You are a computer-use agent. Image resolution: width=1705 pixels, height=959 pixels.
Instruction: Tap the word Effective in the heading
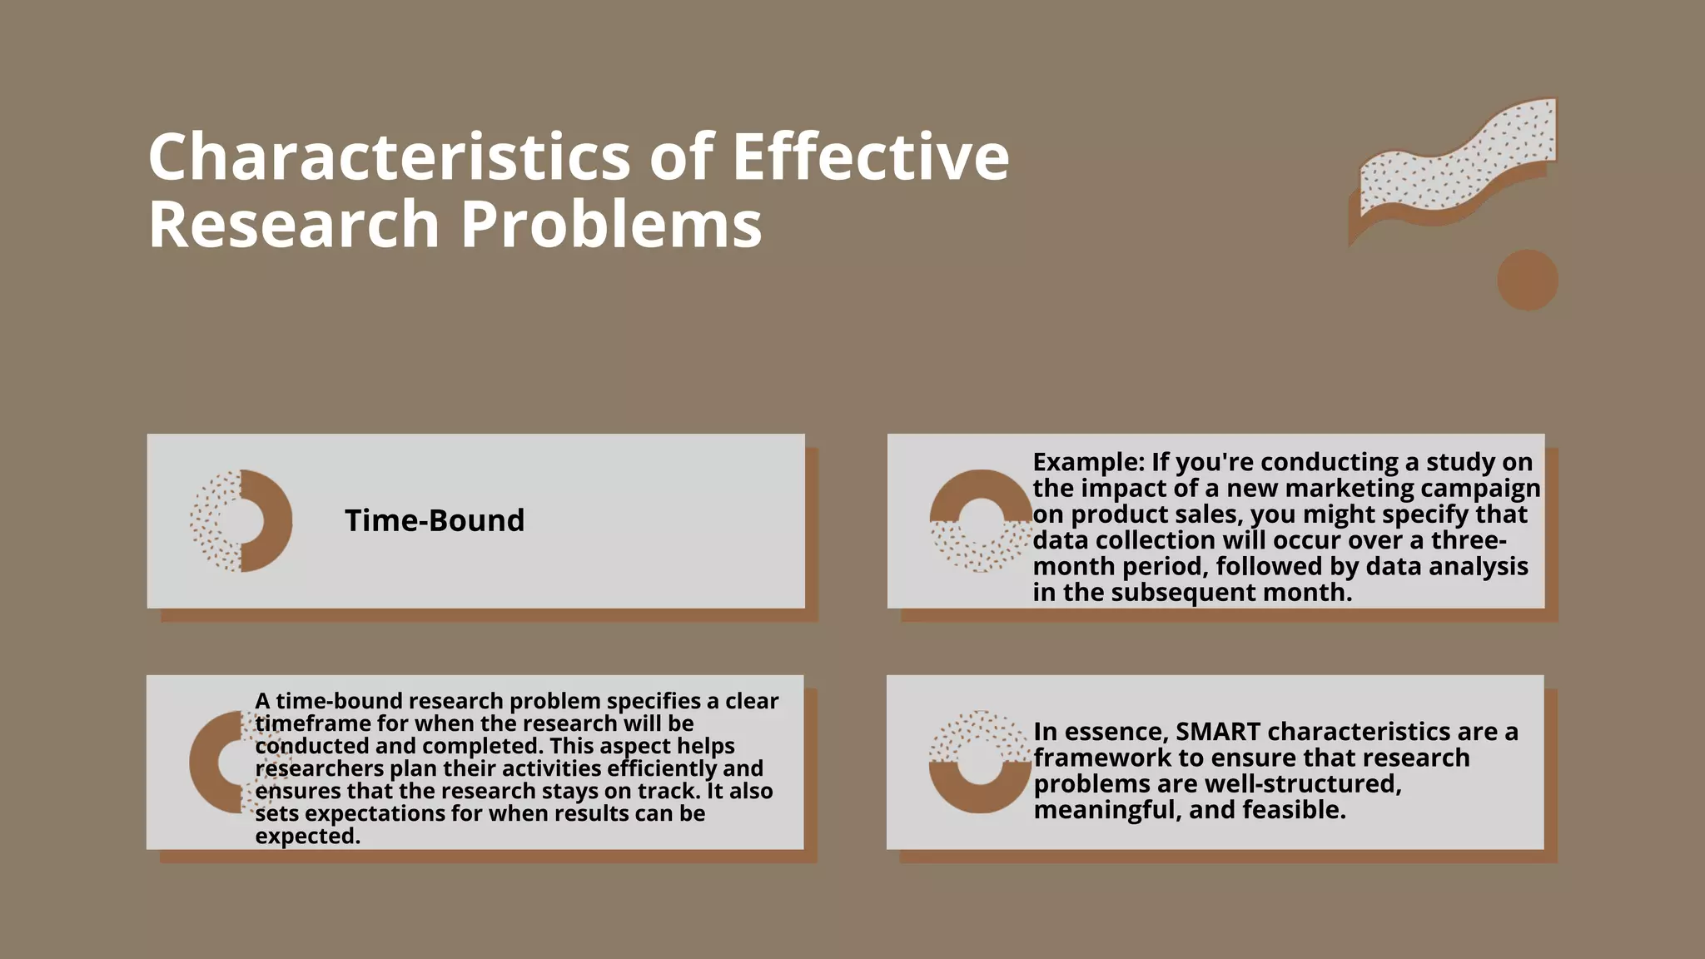[x=870, y=157]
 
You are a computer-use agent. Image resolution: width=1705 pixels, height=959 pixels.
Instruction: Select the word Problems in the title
[x=611, y=225]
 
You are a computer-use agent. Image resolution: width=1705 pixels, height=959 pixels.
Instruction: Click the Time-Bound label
[x=435, y=521]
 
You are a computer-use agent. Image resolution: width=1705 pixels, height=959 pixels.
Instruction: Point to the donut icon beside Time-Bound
[x=241, y=521]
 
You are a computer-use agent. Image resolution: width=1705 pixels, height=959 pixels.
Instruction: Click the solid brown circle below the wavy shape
[x=1528, y=280]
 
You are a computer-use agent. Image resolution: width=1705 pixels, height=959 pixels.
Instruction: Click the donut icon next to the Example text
[x=981, y=521]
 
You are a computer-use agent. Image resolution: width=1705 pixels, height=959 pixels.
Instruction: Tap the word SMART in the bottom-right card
[x=1218, y=732]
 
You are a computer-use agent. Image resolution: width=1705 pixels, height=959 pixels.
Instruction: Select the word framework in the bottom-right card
[x=1102, y=758]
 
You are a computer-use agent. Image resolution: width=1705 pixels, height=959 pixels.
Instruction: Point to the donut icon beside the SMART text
[x=980, y=763]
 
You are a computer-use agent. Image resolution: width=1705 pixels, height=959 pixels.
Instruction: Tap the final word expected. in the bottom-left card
[x=308, y=836]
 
